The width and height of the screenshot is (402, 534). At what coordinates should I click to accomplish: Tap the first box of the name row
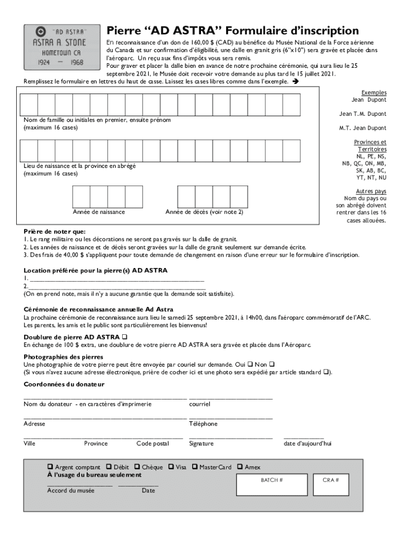pyautogui.click(x=29, y=105)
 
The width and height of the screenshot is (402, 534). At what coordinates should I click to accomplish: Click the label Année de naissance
pyautogui.click(x=99, y=212)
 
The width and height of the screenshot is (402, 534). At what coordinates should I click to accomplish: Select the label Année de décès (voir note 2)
pyautogui.click(x=204, y=212)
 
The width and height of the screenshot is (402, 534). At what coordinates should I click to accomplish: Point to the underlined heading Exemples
pyautogui.click(x=374, y=92)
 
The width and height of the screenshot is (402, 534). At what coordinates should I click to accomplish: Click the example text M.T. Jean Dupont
pyautogui.click(x=363, y=128)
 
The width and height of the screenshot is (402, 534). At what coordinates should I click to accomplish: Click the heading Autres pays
pyautogui.click(x=371, y=191)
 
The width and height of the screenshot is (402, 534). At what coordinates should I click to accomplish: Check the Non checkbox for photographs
pyautogui.click(x=272, y=364)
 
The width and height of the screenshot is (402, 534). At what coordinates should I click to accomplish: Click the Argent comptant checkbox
pyautogui.click(x=50, y=467)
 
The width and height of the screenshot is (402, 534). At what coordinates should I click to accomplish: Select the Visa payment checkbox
pyautogui.click(x=171, y=467)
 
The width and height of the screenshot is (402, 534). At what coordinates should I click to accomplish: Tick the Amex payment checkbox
pyautogui.click(x=240, y=467)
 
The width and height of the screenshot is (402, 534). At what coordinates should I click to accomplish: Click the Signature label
pyautogui.click(x=201, y=444)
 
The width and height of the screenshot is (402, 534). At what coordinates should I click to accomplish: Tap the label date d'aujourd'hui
pyautogui.click(x=307, y=444)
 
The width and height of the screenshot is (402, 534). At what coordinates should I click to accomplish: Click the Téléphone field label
pyautogui.click(x=203, y=424)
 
